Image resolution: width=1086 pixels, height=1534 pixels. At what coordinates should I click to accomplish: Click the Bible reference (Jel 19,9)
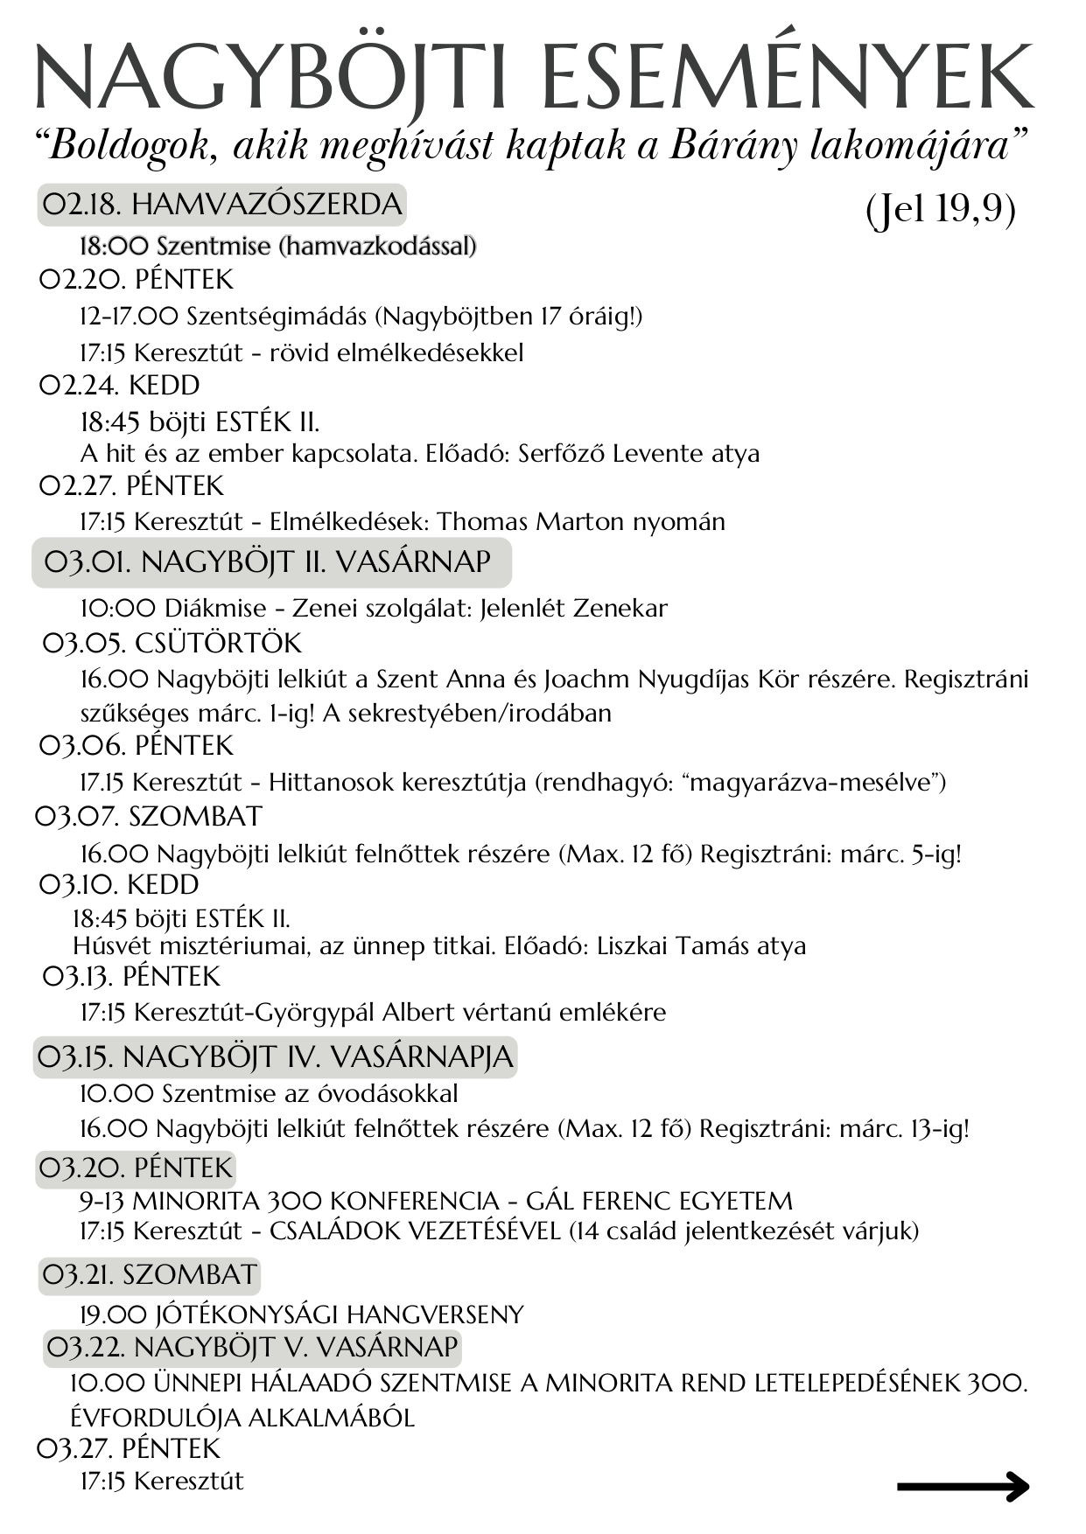[x=941, y=209]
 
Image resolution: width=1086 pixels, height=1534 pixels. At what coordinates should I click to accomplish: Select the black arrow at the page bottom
[x=963, y=1486]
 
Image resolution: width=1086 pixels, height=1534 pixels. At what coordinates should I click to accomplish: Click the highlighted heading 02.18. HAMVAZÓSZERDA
[x=222, y=205]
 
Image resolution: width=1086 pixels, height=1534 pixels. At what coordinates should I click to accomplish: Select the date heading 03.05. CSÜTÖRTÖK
[x=172, y=644]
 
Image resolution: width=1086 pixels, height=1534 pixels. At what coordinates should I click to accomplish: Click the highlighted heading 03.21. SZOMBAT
[x=150, y=1275]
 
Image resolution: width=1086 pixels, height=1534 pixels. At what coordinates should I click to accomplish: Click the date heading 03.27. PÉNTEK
[x=130, y=1449]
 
